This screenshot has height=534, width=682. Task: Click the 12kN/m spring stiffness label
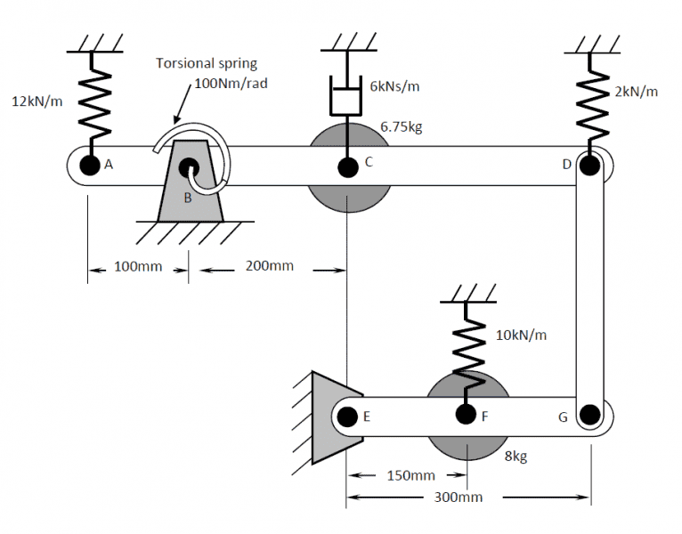point(37,101)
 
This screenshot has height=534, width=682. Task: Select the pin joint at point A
point(89,165)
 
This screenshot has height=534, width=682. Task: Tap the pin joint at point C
point(347,165)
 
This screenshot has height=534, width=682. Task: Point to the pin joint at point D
point(589,165)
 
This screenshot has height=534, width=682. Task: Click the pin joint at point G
point(589,414)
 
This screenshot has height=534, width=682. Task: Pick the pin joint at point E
point(348,414)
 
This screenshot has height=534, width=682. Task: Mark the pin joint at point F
point(464,414)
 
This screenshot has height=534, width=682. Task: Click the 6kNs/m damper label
point(394,86)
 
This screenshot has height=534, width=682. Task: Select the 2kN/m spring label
point(636,93)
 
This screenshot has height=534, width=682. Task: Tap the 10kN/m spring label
point(521,336)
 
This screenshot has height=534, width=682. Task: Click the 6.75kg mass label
point(401,126)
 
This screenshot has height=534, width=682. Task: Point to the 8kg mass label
point(516,457)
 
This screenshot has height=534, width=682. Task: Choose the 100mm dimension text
point(138,266)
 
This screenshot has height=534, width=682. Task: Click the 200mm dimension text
point(269,266)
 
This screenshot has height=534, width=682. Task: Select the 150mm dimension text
point(411,476)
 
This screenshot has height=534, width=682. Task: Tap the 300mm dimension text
point(459,497)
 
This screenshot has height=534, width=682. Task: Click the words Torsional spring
point(206,63)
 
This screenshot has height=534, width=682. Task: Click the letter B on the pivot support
point(188,198)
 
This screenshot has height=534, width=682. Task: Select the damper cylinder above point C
point(347,98)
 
